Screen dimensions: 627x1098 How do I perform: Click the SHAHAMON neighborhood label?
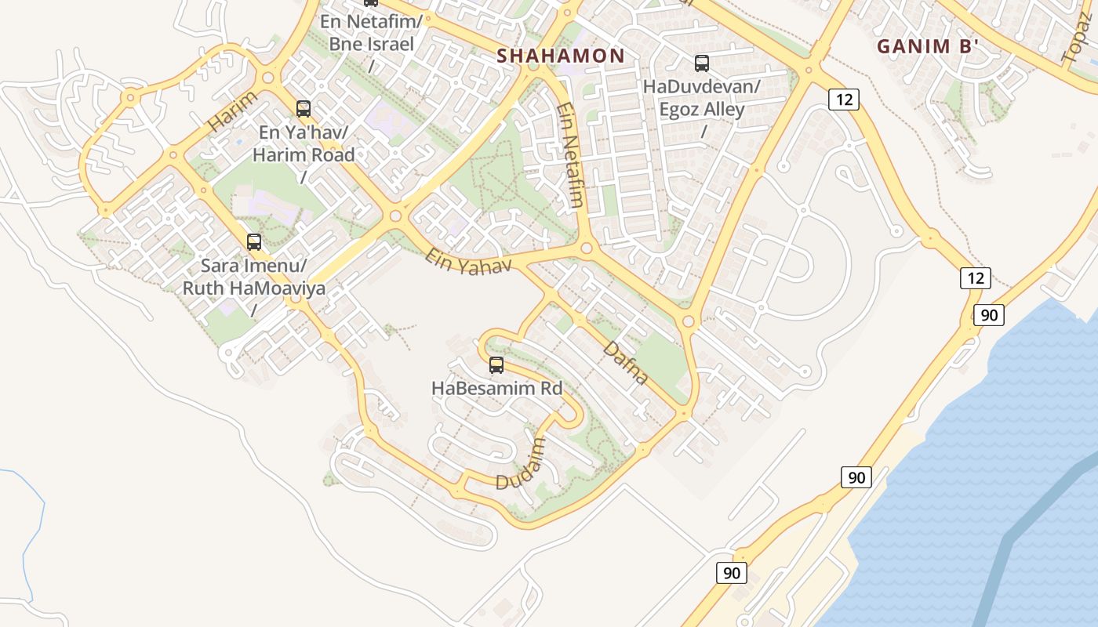point(561,56)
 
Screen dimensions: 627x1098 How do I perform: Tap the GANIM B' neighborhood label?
point(928,46)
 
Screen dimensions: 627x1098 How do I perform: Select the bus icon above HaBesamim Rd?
point(496,364)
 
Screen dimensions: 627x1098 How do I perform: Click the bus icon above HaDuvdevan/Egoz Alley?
point(702,63)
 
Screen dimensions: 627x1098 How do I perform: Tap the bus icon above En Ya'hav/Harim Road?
point(304,109)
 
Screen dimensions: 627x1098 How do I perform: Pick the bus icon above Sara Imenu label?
point(253,241)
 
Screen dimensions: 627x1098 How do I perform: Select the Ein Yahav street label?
point(468,261)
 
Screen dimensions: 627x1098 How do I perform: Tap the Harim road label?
point(233,111)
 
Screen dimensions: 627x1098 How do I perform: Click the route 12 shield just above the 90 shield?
point(975,277)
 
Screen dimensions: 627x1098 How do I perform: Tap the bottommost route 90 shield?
point(731,573)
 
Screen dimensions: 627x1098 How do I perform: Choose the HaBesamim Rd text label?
point(497,388)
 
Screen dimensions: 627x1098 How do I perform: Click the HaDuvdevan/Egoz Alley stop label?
point(702,98)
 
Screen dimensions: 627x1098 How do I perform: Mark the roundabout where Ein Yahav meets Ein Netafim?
point(586,249)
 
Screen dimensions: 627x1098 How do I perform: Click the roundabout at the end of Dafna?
point(689,321)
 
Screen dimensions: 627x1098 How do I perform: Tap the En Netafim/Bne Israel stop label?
point(371,32)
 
